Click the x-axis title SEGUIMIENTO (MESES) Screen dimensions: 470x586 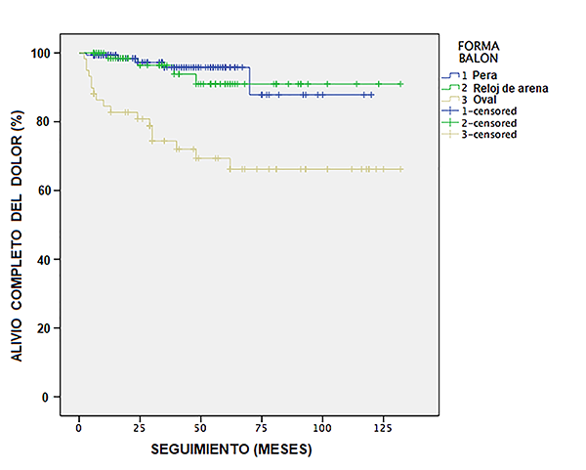click(231, 452)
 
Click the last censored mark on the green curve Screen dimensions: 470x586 click(400, 84)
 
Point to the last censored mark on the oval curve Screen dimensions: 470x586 click(400, 169)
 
